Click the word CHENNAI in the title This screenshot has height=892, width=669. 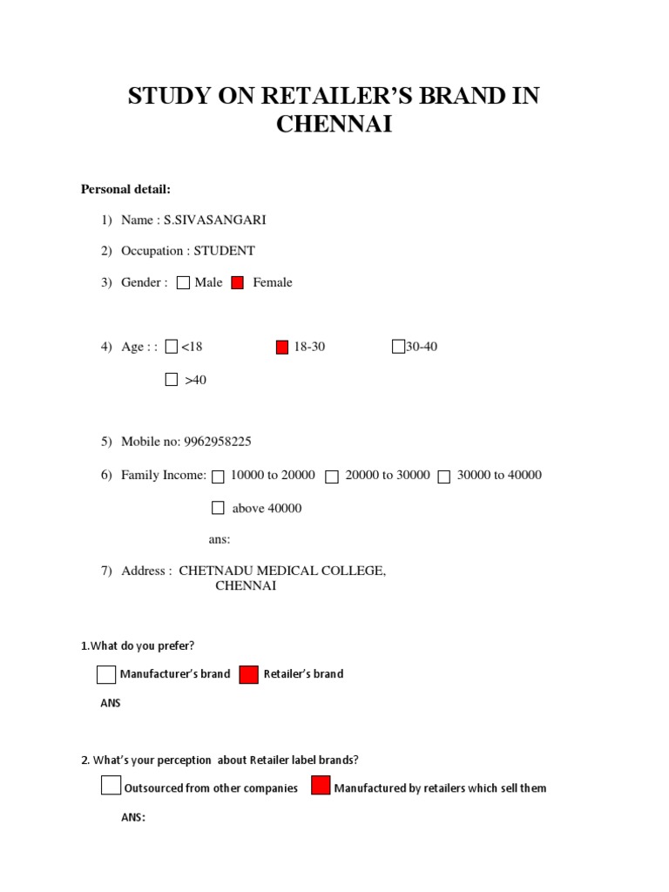tap(334, 125)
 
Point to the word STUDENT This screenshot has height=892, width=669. tap(224, 251)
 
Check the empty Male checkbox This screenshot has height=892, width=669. tap(183, 282)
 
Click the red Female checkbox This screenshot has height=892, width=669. tap(237, 282)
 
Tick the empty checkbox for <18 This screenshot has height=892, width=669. tap(171, 347)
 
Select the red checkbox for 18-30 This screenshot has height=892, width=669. tap(281, 347)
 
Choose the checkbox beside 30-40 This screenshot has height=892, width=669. tap(398, 347)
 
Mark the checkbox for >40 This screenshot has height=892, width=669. tap(171, 380)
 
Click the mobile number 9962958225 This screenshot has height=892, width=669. tap(216, 442)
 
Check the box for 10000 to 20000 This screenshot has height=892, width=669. tap(218, 476)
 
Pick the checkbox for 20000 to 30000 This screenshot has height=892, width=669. tap(332, 476)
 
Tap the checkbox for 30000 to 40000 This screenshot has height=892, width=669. tap(444, 476)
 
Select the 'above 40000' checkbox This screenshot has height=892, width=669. tap(218, 508)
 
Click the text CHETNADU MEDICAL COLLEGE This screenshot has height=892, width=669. tap(281, 571)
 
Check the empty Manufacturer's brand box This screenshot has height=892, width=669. tap(106, 674)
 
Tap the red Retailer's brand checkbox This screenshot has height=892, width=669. tap(248, 674)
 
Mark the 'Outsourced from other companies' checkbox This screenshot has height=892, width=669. tap(111, 786)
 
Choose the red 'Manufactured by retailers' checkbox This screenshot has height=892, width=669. tap(321, 786)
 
